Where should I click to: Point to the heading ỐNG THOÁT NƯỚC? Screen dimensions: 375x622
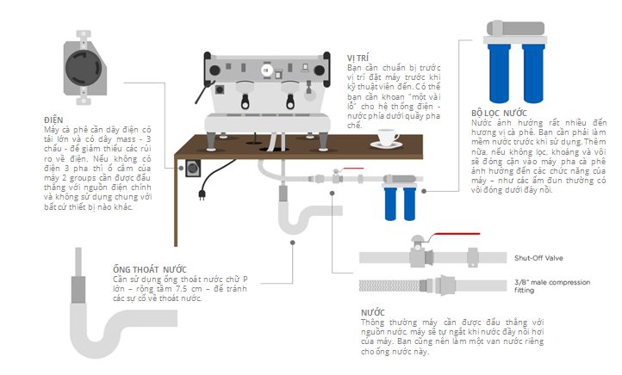tap(150, 269)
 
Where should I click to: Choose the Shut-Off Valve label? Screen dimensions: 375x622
tap(537, 257)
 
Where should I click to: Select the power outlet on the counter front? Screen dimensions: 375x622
tap(189, 168)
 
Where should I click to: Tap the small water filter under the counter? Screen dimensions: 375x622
tap(396, 196)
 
